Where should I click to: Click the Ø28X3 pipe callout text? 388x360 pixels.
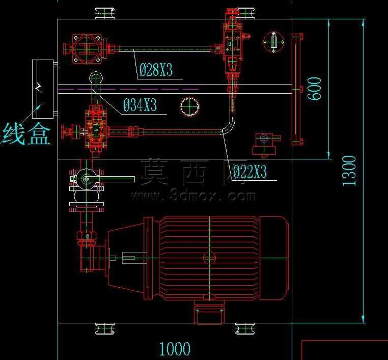pyautogui.click(x=156, y=70)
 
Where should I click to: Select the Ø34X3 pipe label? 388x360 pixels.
pyautogui.click(x=140, y=105)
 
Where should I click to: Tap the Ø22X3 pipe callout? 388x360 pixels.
pyautogui.click(x=250, y=171)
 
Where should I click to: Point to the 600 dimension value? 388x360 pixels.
pyautogui.click(x=315, y=88)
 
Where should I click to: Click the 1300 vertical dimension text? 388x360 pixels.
pyautogui.click(x=349, y=171)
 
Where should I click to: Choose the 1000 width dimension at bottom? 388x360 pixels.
pyautogui.click(x=175, y=349)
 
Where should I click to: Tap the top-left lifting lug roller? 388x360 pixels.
pyautogui.click(x=105, y=13)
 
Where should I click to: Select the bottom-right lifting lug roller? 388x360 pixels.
pyautogui.click(x=245, y=328)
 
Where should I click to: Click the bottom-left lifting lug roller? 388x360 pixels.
pyautogui.click(x=105, y=328)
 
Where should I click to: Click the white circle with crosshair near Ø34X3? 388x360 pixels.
pyautogui.click(x=189, y=107)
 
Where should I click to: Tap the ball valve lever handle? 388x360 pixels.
pyautogui.click(x=110, y=179)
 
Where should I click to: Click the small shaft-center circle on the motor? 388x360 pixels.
pyautogui.click(x=209, y=258)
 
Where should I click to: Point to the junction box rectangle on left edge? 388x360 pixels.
pyautogui.click(x=43, y=89)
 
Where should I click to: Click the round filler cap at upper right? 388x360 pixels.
pyautogui.click(x=273, y=42)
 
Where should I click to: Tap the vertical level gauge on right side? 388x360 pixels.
pyautogui.click(x=296, y=89)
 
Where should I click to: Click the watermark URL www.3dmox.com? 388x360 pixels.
pyautogui.click(x=193, y=196)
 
